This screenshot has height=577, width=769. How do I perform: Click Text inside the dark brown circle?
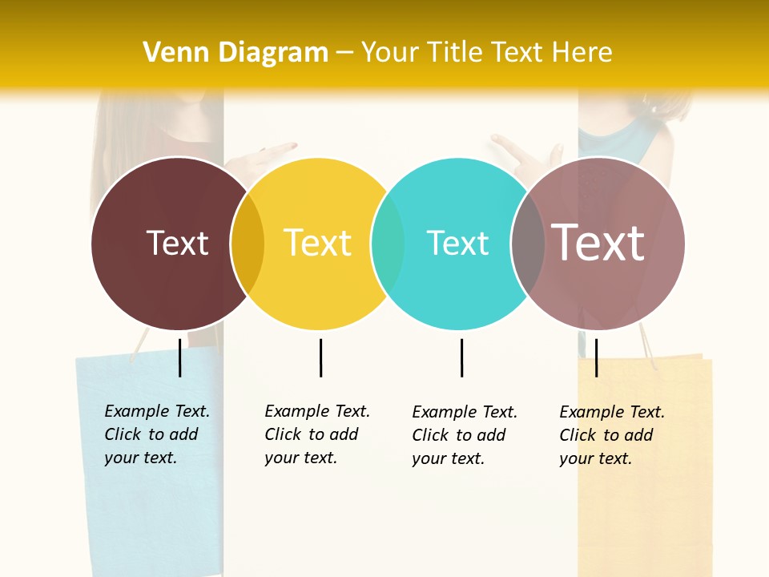point(177,243)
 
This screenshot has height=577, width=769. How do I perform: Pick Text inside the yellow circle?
point(317,243)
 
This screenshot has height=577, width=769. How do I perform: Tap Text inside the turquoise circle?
point(457,243)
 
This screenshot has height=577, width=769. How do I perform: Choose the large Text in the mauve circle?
point(598,243)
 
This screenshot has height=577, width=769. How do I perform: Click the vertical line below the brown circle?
point(180,357)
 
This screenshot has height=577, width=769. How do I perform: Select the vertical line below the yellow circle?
point(320,357)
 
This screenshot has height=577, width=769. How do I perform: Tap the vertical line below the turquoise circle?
point(461,357)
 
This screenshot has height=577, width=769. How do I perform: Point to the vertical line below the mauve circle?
point(596,357)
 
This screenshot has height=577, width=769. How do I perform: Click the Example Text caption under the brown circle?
point(156,434)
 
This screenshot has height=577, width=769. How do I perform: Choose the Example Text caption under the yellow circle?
point(316,434)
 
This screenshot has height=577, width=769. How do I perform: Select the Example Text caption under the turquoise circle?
point(464,435)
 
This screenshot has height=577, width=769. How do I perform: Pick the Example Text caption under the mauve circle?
point(611,435)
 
